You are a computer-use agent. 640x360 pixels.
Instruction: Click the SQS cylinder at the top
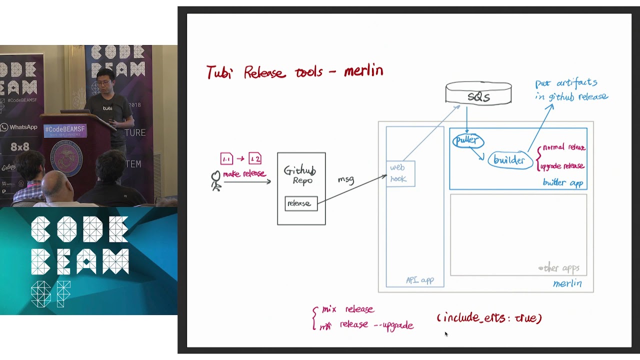click(478, 94)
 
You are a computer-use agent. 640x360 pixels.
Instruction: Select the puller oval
click(468, 141)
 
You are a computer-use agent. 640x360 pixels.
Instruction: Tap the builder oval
click(509, 160)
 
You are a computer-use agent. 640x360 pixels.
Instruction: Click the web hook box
click(400, 173)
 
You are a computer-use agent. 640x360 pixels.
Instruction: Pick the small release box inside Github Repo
click(301, 203)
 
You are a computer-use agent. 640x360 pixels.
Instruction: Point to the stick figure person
click(216, 180)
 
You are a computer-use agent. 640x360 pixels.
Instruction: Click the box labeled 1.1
click(226, 159)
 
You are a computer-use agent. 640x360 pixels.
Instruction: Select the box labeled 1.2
click(255, 159)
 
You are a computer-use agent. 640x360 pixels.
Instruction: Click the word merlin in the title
click(363, 71)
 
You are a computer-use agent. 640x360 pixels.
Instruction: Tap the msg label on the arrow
click(346, 179)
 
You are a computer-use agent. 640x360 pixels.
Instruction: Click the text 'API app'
click(420, 280)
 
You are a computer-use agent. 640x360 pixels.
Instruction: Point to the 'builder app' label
click(563, 183)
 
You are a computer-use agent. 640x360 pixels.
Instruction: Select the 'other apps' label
click(559, 268)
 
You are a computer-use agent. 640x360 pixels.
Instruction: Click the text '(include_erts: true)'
click(489, 318)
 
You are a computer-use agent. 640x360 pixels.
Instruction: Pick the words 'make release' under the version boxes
click(244, 174)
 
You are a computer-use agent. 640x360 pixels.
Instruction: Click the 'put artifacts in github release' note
click(571, 90)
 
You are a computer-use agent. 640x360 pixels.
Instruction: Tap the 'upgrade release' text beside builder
click(562, 166)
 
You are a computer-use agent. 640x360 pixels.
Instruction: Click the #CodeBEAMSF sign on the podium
click(65, 130)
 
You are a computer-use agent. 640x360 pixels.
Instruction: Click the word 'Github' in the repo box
click(299, 170)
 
